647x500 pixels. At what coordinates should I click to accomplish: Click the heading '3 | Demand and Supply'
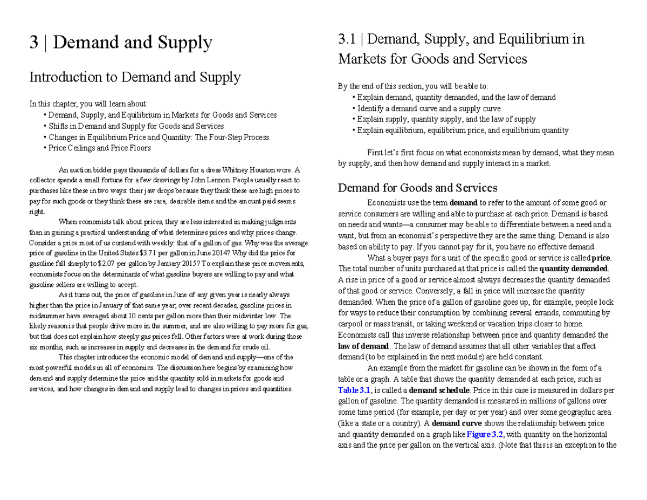coord(120,43)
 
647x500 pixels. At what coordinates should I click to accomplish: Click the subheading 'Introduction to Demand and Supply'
coord(135,78)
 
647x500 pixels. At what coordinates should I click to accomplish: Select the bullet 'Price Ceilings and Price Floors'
coord(99,148)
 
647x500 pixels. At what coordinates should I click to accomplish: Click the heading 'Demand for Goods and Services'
coord(417,188)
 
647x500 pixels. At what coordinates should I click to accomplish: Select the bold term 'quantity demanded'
coord(573,269)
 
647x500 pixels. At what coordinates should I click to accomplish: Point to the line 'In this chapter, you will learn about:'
coord(88,104)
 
